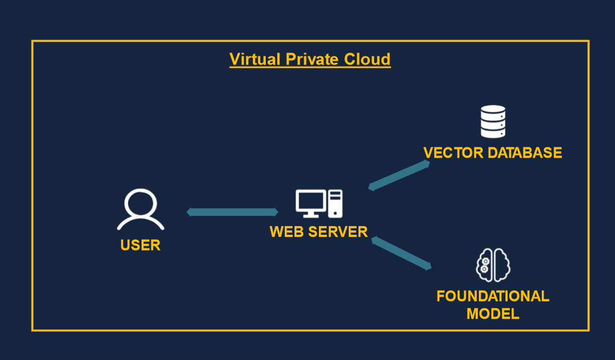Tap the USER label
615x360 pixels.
tap(140, 245)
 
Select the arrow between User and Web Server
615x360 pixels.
tap(233, 212)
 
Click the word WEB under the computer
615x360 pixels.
tap(287, 232)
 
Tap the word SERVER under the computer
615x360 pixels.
tap(338, 232)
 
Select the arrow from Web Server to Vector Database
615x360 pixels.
tap(399, 175)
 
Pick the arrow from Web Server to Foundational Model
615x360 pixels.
tap(402, 253)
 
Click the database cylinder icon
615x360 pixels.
tap(493, 121)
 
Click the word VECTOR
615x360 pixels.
tap(453, 153)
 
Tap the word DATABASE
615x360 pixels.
tap(524, 153)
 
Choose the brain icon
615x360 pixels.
tap(493, 265)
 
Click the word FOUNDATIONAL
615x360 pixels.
tap(493, 297)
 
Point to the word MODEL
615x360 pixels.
tap(493, 313)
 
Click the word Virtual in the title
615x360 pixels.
tap(250, 59)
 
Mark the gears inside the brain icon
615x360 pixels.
tap(484, 265)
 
